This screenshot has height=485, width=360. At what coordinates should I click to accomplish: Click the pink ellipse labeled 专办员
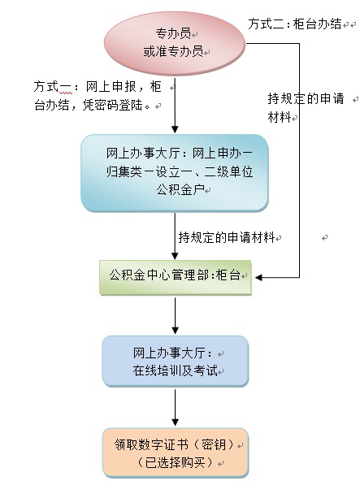point(175,43)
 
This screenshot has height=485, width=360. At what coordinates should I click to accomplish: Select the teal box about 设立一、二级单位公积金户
point(175,173)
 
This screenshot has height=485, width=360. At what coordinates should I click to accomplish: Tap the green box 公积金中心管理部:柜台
point(176,278)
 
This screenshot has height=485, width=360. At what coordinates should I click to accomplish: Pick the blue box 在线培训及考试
point(176,362)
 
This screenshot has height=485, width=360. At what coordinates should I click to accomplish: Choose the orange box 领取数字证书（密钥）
point(176,453)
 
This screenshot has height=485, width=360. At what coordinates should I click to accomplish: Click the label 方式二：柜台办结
point(295,24)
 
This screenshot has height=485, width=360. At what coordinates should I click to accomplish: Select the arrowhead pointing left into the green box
point(258,278)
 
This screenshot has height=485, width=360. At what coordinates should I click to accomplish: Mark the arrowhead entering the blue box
point(175,331)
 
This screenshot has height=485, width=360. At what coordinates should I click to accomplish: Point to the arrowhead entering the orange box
point(175,422)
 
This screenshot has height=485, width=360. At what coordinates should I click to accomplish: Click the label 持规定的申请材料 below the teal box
point(227,237)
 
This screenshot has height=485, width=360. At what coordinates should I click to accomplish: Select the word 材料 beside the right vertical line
point(280,118)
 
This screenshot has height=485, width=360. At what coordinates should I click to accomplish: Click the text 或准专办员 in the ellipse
point(173,51)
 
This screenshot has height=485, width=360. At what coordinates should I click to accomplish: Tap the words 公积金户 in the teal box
point(180,189)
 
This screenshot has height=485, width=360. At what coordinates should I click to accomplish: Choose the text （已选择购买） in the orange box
point(175,463)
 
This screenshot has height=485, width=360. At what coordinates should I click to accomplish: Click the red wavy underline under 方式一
point(66,93)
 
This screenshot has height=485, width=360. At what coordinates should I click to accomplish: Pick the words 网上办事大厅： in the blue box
point(172,353)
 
